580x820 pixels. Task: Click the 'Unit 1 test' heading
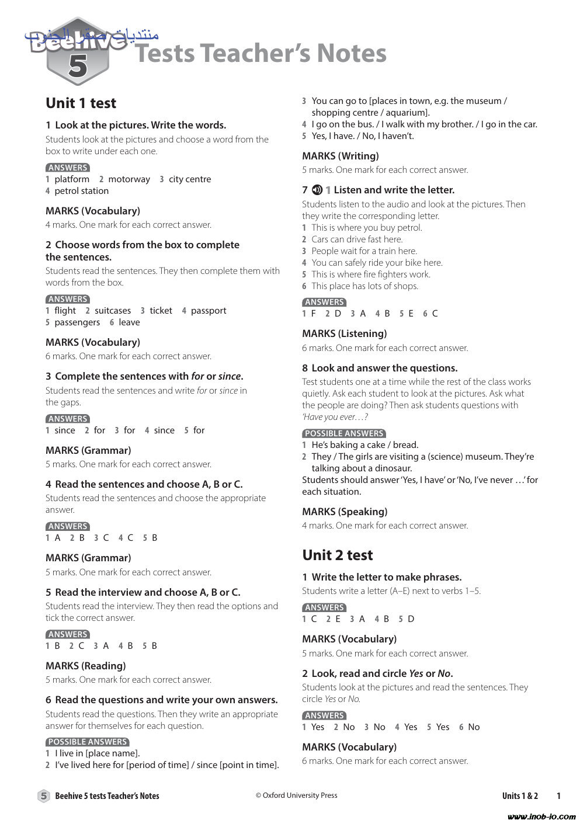pos(81,103)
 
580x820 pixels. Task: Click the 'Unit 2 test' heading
pos(337,555)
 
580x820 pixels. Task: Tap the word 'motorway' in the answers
pos(129,179)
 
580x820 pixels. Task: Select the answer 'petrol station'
pos(81,191)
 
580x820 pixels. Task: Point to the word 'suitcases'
pos(113,311)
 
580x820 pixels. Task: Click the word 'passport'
pos(209,311)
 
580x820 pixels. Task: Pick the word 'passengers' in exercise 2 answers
pos(77,322)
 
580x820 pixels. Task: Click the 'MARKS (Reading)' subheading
pos(85,666)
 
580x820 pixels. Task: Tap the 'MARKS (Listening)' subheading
pos(344,333)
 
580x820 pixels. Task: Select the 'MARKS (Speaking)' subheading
pos(345,512)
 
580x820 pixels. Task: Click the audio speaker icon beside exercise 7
pos(317,190)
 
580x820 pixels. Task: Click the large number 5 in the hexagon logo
pos(78,66)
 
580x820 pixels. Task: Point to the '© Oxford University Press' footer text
pos(296,795)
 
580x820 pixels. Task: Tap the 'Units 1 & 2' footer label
pos(520,795)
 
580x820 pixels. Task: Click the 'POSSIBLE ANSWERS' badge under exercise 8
pos(344,433)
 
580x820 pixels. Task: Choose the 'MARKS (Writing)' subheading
pos(340,156)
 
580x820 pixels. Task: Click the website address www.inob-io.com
pos(541,816)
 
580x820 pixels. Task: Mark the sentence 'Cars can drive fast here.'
pos(357,239)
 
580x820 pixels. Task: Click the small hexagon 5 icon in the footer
pos(44,795)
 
